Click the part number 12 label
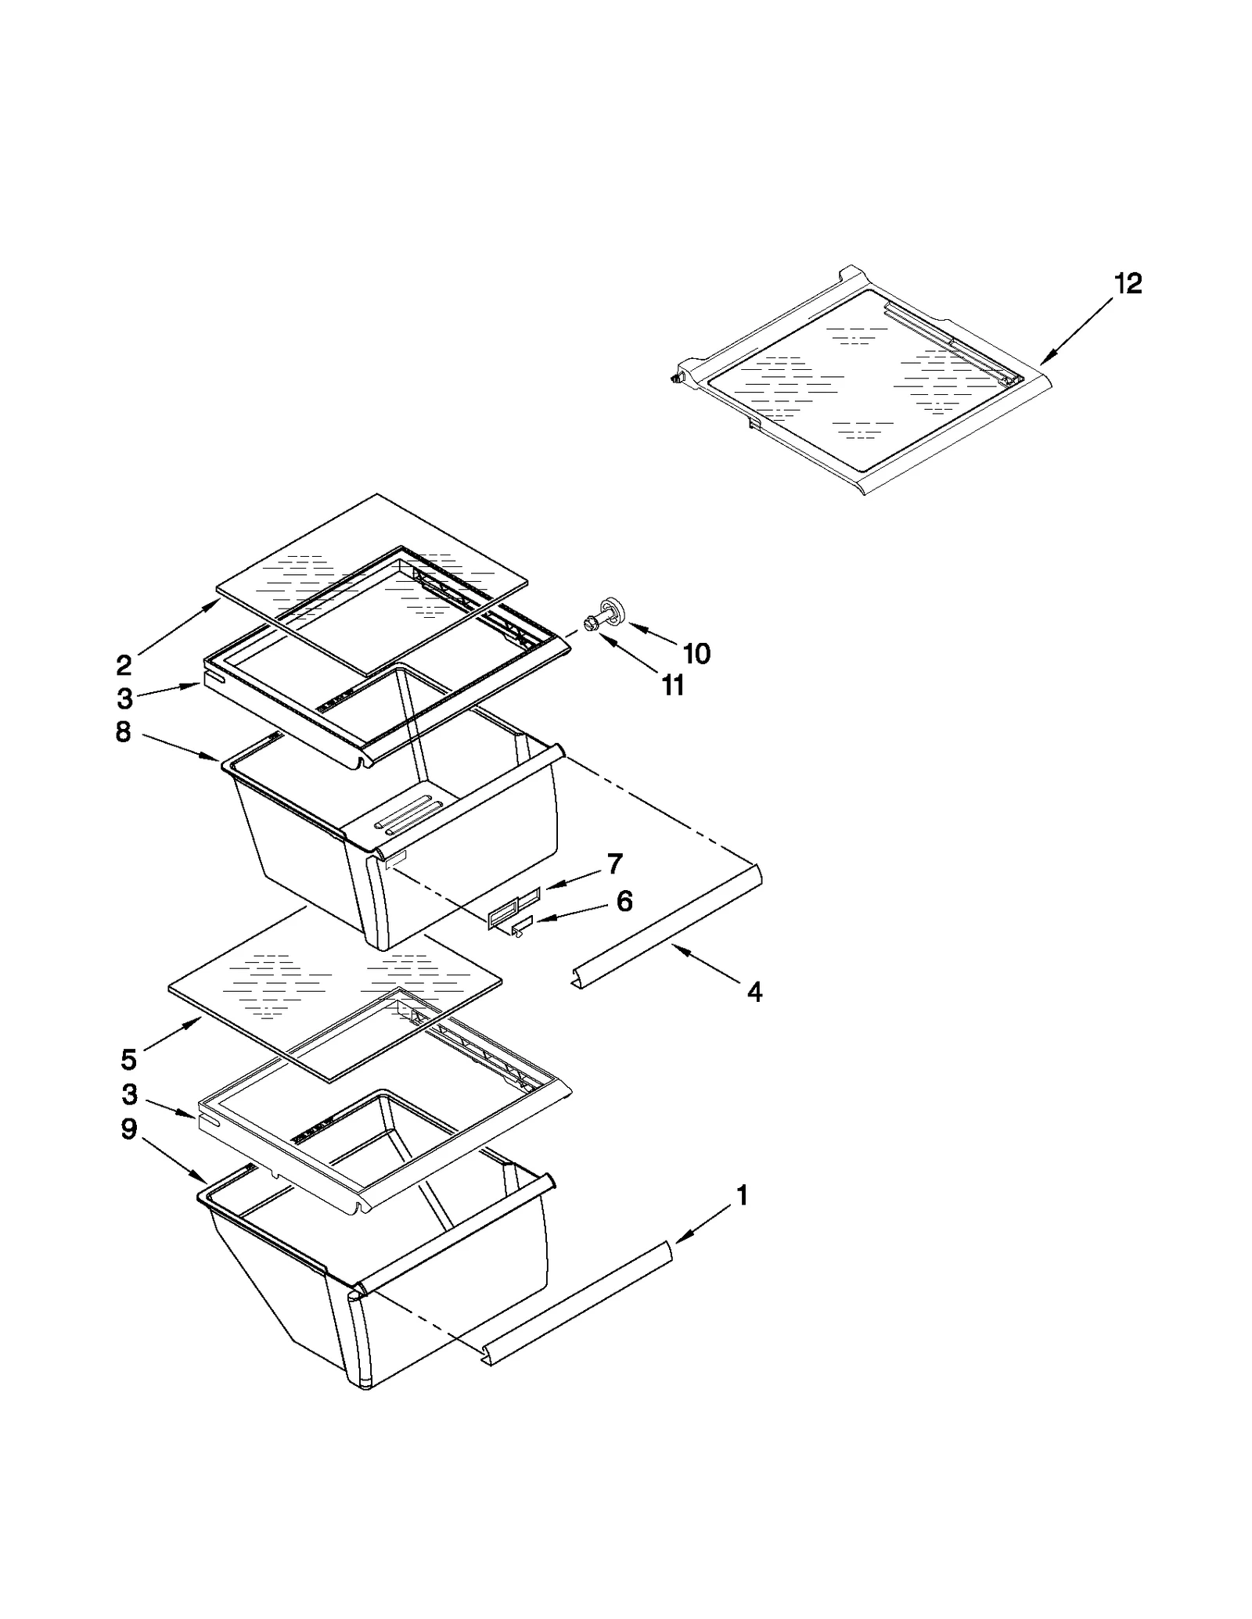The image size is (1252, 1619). [x=1128, y=283]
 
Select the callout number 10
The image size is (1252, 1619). [x=696, y=653]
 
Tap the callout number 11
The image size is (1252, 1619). [x=673, y=686]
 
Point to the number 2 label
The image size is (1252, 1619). [x=124, y=666]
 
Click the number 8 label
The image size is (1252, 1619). [x=124, y=733]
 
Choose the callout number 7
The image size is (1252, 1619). [x=614, y=864]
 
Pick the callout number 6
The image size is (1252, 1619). [x=624, y=901]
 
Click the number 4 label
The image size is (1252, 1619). [x=754, y=992]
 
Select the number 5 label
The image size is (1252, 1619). [x=129, y=1060]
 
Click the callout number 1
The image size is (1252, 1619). [x=742, y=1195]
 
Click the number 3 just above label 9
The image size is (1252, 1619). [x=129, y=1094]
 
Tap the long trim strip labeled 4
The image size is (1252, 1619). [x=665, y=923]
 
